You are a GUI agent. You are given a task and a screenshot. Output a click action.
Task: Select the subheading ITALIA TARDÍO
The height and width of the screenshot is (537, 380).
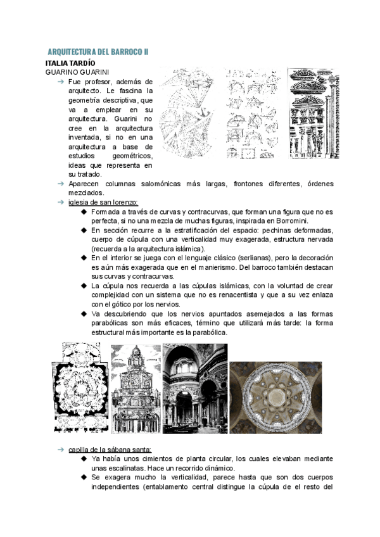70,63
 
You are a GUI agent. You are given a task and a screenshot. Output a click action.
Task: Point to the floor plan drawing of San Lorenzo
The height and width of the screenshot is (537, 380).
80,388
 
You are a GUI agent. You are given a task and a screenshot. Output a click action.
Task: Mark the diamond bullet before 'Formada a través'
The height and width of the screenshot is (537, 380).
84,212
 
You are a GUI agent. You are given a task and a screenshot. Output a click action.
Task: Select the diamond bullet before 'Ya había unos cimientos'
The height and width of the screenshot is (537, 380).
84,459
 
